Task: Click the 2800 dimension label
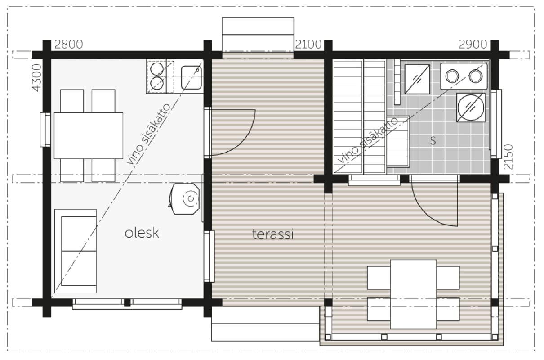(x=68, y=45)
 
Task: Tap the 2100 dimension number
(x=308, y=45)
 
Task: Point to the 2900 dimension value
(x=473, y=45)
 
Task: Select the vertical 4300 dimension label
(x=37, y=78)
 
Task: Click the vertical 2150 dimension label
(x=508, y=157)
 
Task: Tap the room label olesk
(x=142, y=233)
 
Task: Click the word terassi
(x=273, y=234)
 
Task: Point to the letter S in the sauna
(x=433, y=141)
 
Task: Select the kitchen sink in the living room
(x=192, y=77)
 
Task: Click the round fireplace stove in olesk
(x=186, y=199)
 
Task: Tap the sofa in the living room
(x=76, y=251)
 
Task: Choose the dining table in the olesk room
(x=88, y=135)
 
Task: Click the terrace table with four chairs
(x=413, y=294)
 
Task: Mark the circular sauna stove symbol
(x=471, y=108)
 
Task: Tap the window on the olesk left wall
(x=45, y=130)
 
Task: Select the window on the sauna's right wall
(x=496, y=124)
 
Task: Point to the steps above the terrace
(x=258, y=34)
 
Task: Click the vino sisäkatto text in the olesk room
(x=149, y=134)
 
